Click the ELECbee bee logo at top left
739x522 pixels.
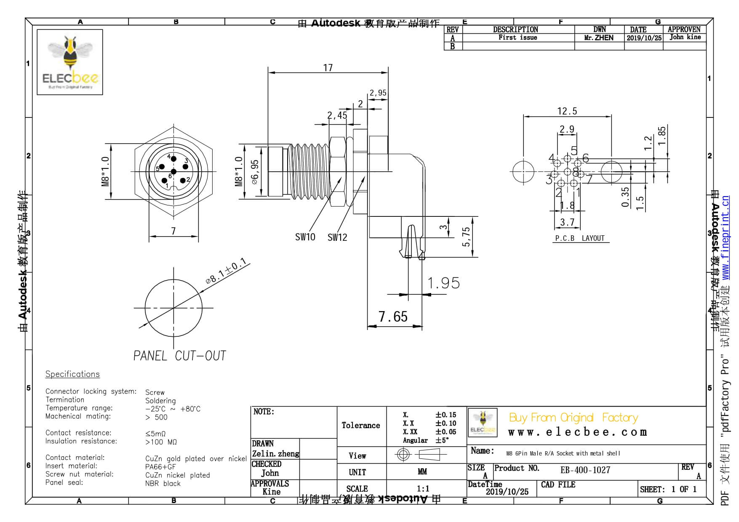tap(70, 62)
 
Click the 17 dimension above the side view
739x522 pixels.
tap(328, 68)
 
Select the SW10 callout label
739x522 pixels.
tap(305, 237)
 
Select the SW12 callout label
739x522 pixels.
tap(337, 237)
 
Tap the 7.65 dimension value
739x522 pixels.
tap(393, 317)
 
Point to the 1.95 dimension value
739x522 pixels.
tap(443, 283)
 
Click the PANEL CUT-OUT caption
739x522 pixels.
tap(180, 356)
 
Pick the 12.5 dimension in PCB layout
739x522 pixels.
tap(567, 111)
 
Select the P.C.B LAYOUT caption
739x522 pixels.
tap(580, 238)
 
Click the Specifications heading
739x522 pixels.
tap(72, 374)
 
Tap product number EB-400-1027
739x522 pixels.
tap(585, 470)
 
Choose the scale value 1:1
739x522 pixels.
tap(423, 489)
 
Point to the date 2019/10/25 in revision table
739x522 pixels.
tap(644, 38)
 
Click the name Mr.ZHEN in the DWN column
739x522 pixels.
tap(599, 38)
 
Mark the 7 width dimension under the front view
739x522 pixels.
tap(173, 231)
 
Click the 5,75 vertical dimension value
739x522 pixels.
tap(466, 237)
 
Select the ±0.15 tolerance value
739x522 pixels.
tap(446, 415)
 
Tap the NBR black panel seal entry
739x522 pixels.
tap(163, 484)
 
